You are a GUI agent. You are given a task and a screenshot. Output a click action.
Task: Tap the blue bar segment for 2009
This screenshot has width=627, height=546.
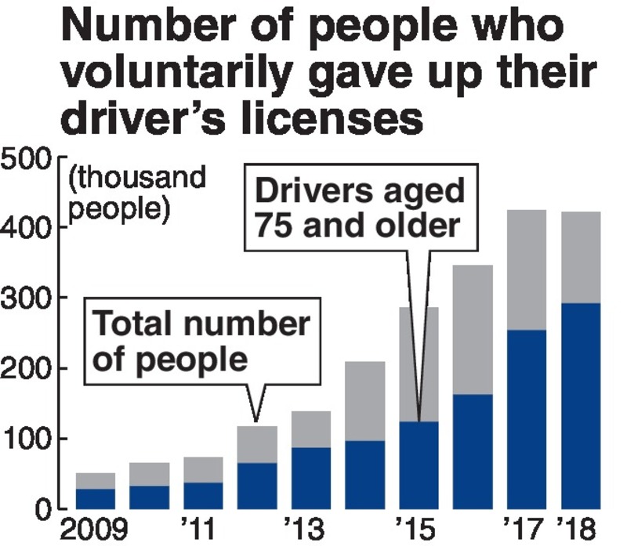(96, 498)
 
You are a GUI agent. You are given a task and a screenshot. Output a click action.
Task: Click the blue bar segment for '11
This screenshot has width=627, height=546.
(203, 494)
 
